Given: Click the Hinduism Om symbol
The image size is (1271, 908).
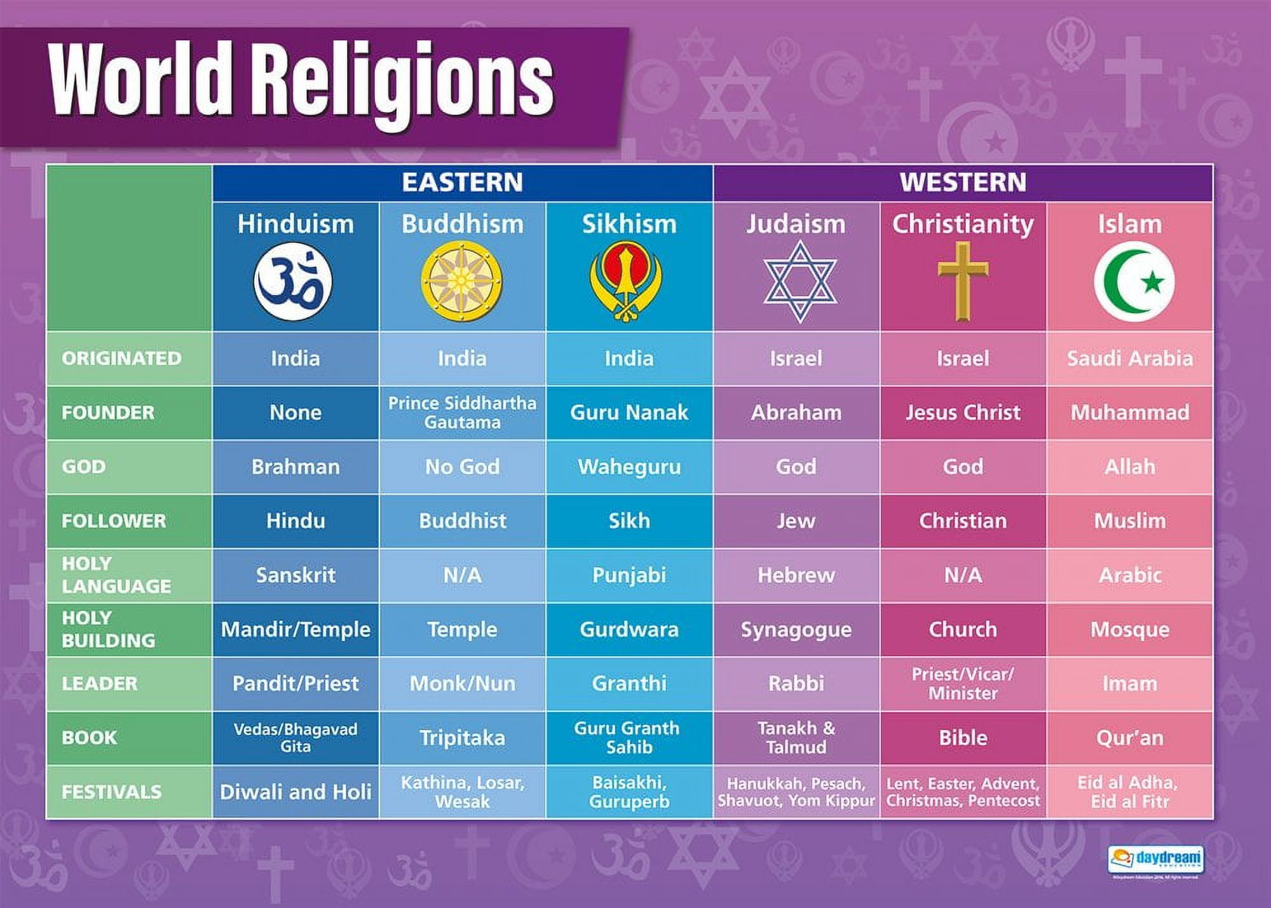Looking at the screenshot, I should [x=293, y=282].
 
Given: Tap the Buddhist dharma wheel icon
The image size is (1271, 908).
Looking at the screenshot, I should [x=462, y=282].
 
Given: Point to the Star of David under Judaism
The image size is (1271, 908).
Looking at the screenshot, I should [x=799, y=282].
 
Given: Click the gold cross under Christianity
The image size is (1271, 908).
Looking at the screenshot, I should [x=963, y=281].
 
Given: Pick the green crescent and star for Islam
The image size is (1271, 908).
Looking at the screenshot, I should [x=1134, y=282].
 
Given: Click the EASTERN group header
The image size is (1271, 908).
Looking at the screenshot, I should [x=462, y=182].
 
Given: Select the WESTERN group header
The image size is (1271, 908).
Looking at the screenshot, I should [x=963, y=182].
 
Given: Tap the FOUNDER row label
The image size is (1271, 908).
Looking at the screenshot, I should [x=108, y=413].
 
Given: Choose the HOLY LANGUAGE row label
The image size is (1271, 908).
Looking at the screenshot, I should [x=116, y=575].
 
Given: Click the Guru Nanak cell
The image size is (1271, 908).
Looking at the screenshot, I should [x=629, y=413].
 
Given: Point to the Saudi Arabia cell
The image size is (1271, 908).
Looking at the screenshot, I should [x=1129, y=359].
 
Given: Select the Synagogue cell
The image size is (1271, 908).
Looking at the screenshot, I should [x=796, y=629].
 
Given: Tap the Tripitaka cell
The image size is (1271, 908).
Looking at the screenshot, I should [x=462, y=738].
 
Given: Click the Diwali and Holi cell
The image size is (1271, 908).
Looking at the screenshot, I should [x=296, y=792].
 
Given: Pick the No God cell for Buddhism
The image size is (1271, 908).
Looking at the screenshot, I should [x=462, y=467].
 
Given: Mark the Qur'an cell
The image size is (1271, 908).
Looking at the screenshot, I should [x=1129, y=738].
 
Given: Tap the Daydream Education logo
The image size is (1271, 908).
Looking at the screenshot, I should [x=1155, y=859].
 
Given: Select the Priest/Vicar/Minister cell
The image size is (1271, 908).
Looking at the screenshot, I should [x=963, y=684].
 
